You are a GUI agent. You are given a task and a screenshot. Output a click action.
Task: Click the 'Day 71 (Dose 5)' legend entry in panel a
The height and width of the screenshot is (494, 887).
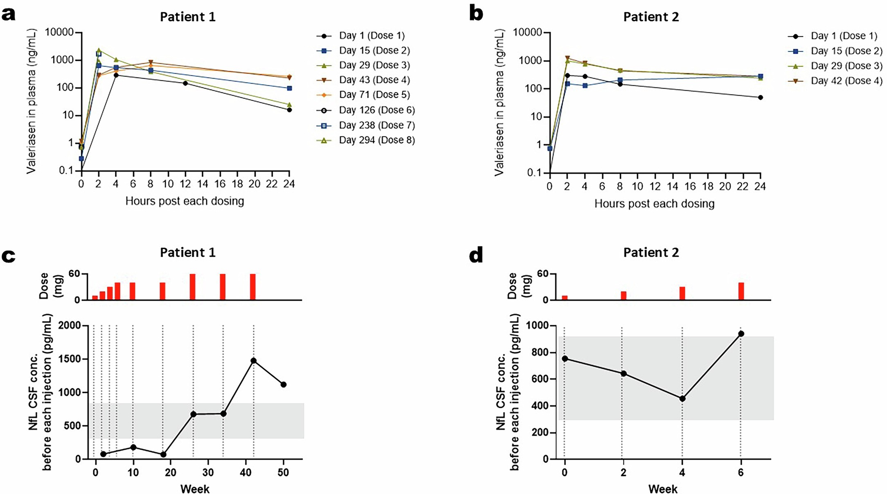[x=374, y=95]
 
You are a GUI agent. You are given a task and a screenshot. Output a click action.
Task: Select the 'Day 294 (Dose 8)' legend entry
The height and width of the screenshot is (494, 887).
[x=376, y=140]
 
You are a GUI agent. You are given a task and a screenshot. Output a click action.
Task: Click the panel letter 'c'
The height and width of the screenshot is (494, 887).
[x=9, y=256]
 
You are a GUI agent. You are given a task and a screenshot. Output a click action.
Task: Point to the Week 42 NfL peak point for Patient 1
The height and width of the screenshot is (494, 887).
[x=254, y=361]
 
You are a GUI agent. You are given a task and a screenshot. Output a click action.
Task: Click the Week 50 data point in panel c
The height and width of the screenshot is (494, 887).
[x=284, y=384]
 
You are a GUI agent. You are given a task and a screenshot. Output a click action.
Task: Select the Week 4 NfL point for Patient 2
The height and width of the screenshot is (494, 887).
[x=682, y=398]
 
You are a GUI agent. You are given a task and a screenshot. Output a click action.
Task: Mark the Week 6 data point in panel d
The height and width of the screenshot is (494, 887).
[x=741, y=334]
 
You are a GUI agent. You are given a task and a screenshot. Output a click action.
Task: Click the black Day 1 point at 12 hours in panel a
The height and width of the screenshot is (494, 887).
[x=185, y=83]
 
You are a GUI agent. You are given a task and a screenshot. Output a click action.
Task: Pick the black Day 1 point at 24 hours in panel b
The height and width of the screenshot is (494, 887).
[x=760, y=98]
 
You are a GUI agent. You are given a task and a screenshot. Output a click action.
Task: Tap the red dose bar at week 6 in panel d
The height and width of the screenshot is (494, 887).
[x=741, y=291]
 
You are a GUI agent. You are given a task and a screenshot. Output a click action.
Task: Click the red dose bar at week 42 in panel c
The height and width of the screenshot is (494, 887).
[x=253, y=287]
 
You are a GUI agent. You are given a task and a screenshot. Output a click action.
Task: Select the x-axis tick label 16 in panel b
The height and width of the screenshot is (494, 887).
[x=690, y=187]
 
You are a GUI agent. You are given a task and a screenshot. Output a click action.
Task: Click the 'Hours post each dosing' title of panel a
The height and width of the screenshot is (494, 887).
[x=185, y=201]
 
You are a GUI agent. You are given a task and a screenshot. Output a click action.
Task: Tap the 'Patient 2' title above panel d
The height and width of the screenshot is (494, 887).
[x=651, y=253]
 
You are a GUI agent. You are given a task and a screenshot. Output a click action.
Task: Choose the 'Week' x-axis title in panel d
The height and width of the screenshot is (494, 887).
[x=662, y=489]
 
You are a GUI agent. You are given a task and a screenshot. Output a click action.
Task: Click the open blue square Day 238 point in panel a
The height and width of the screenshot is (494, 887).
[x=99, y=54]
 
